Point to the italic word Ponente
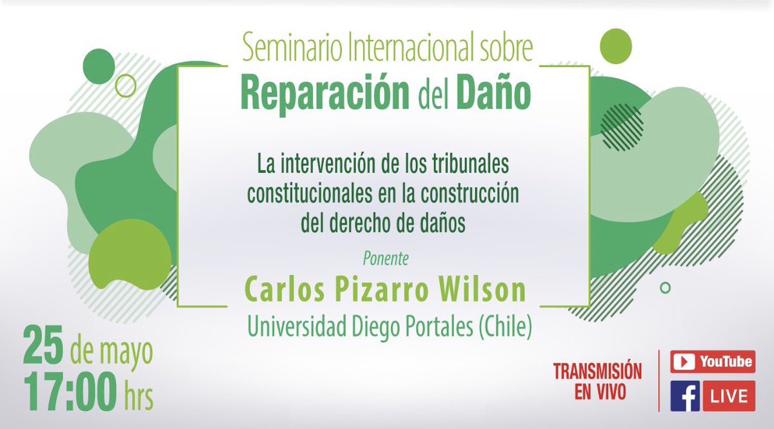pos(385,262)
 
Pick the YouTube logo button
pos(712,361)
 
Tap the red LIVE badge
pos(729,396)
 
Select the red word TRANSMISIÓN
pos(597,372)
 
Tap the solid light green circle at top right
pos(615,44)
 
